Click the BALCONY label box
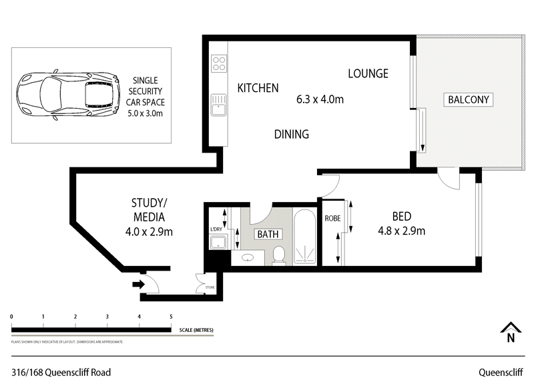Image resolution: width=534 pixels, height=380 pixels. tap(469, 100)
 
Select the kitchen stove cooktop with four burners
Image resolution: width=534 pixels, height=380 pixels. tap(218, 64)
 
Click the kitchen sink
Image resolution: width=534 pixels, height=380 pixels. tap(218, 104)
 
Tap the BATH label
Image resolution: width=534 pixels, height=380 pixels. tap(268, 234)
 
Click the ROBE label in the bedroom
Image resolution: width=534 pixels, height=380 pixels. tap(332, 219)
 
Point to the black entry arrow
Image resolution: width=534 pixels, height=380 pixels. tap(138, 285)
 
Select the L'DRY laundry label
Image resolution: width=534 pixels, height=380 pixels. tap(216, 230)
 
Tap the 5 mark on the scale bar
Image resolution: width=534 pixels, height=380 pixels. tap(172, 317)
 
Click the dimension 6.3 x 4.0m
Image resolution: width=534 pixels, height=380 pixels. tap(320, 100)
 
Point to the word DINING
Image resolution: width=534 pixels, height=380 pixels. tap(292, 134)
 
